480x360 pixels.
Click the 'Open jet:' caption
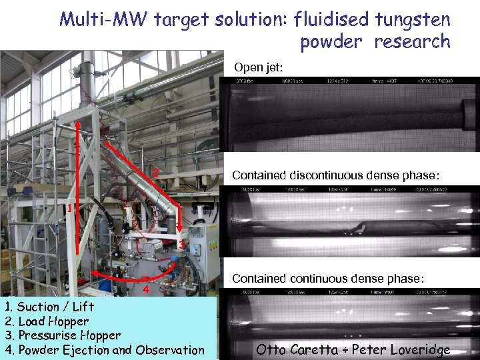pos(259,67)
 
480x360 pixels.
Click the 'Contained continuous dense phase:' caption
pos(327,279)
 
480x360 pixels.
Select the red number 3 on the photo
pos(181,245)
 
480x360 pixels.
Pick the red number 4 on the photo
pos(145,289)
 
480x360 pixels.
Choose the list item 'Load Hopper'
pos(53,321)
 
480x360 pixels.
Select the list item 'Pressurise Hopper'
pos(69,335)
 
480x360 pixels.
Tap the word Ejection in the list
pos(85,350)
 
